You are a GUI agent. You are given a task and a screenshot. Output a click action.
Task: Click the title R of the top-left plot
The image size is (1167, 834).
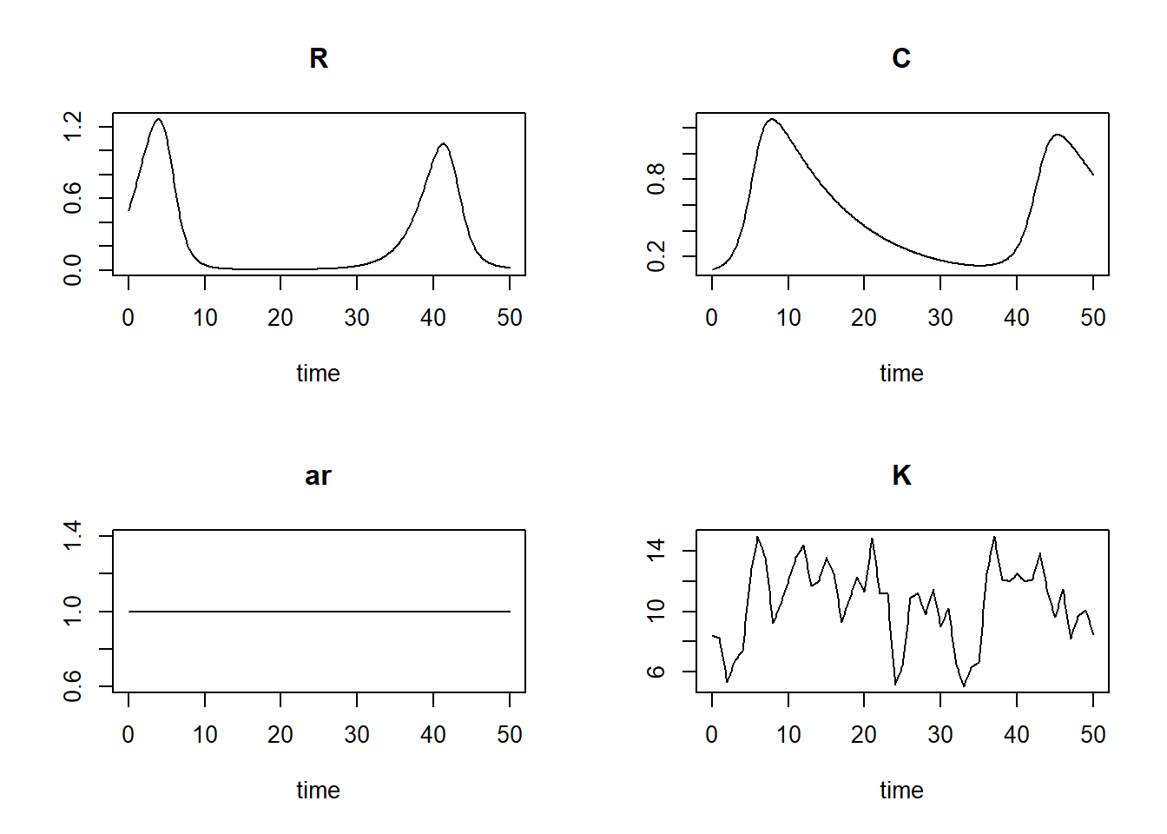(319, 58)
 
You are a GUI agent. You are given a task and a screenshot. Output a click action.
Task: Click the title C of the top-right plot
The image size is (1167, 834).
(901, 58)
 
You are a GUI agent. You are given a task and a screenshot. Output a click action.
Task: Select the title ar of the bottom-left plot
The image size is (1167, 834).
(319, 476)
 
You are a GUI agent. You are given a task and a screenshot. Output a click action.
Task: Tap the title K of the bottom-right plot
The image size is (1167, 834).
(901, 476)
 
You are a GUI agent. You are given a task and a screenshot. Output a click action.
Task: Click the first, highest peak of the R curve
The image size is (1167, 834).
(158, 119)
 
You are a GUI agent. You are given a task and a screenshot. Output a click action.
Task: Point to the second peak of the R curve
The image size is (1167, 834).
(444, 144)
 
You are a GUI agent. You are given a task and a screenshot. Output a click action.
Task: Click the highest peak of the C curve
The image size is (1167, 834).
(772, 119)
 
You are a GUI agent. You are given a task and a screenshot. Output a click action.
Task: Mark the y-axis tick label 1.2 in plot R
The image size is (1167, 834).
(73, 127)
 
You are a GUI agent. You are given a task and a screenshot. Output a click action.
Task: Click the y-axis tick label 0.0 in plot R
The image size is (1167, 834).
(73, 270)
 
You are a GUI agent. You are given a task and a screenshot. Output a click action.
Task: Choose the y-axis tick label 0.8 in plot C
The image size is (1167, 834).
(656, 179)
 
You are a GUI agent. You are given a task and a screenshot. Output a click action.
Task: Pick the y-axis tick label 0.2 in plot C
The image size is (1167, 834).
(656, 256)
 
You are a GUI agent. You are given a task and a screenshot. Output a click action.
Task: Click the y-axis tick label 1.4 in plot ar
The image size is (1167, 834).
(73, 535)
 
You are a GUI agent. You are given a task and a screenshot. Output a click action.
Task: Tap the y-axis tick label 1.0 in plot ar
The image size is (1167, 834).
(73, 611)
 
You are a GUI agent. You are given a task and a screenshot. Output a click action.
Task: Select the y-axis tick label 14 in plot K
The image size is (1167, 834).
(656, 551)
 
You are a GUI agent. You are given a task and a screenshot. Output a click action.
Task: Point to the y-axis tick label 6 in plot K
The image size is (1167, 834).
(656, 672)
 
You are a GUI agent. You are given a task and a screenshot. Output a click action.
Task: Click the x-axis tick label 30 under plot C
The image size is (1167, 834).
(940, 318)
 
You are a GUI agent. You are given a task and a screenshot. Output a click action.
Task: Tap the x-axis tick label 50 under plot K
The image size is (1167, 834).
(1092, 735)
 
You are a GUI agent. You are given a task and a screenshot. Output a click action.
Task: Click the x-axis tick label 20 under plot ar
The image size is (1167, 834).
(280, 735)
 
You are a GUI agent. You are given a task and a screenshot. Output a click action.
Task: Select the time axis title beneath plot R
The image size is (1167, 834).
(318, 374)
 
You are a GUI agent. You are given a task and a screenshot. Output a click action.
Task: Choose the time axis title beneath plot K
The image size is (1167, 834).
(901, 791)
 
